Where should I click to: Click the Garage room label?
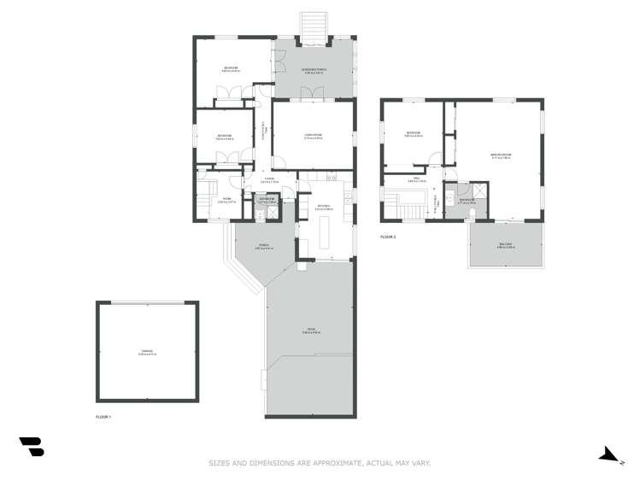tap(148, 352)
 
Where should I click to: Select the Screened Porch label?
tap(314, 70)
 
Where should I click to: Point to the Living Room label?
tap(313, 135)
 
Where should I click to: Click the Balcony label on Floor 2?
tap(507, 246)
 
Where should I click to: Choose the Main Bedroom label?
tap(500, 155)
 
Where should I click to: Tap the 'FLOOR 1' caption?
tap(103, 417)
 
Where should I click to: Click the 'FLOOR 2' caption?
tap(388, 237)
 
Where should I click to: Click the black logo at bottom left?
tap(31, 447)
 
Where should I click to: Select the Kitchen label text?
tap(324, 207)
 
